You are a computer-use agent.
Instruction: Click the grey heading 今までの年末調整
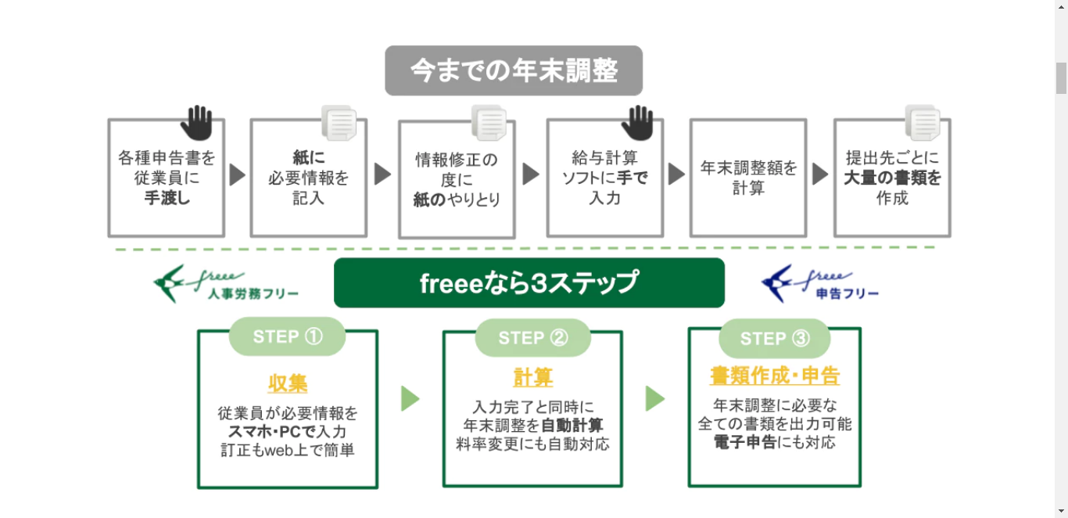click(x=514, y=71)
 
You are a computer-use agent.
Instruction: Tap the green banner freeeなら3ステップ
click(x=529, y=282)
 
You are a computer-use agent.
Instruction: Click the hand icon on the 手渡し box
click(x=196, y=122)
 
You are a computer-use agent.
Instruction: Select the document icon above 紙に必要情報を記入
click(x=339, y=123)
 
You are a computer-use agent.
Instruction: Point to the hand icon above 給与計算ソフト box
click(x=637, y=122)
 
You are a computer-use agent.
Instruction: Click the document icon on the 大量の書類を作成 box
click(x=923, y=123)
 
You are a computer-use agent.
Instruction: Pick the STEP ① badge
click(x=287, y=336)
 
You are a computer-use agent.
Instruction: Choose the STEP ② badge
click(x=532, y=338)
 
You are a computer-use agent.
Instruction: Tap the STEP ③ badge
click(x=774, y=338)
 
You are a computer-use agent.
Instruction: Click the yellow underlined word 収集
click(x=287, y=383)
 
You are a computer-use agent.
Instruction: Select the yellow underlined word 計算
click(x=532, y=378)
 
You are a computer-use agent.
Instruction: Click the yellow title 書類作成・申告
click(x=774, y=376)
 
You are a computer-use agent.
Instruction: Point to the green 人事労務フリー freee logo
click(x=226, y=284)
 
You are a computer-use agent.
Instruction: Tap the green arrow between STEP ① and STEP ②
click(x=410, y=398)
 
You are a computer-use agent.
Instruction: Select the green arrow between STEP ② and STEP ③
click(x=655, y=398)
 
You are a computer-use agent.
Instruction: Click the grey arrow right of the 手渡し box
click(x=237, y=174)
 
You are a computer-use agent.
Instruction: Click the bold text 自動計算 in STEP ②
click(x=572, y=426)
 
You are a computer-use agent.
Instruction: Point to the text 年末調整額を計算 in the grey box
click(x=748, y=178)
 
